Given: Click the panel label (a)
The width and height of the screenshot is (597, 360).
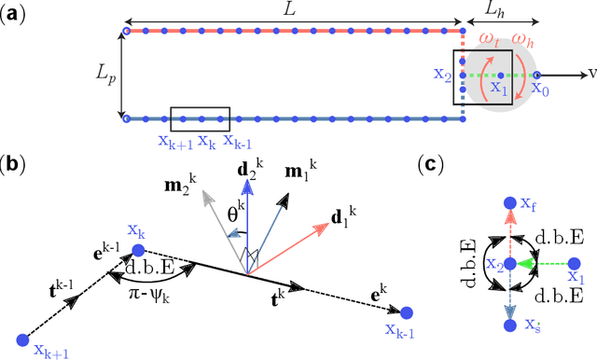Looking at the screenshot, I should (x=13, y=14).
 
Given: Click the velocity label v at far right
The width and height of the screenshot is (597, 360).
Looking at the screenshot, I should (x=590, y=73).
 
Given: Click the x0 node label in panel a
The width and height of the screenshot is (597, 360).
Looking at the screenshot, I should (x=539, y=90).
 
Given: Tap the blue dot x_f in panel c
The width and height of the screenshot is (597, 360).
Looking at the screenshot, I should (x=509, y=203).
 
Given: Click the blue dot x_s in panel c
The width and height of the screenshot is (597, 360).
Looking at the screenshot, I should (x=509, y=325).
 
